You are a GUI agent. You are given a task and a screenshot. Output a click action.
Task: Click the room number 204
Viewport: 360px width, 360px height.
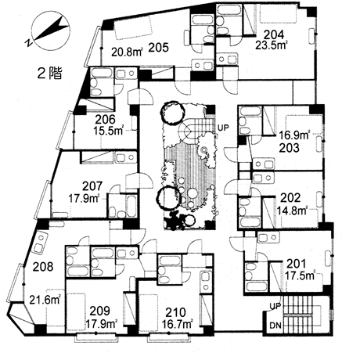point(274,35)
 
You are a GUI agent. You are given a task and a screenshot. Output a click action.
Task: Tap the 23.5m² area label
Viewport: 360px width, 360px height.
point(272,45)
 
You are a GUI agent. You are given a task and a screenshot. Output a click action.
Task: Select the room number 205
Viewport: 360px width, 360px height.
point(159,48)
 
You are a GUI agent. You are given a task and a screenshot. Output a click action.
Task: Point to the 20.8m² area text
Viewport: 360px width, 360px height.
point(128,52)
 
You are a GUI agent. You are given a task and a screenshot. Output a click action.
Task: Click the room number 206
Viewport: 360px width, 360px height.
point(105,120)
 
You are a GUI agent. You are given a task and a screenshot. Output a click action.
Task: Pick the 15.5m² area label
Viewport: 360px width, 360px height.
point(109,130)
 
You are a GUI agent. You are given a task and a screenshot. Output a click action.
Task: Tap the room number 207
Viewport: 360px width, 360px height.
point(92,186)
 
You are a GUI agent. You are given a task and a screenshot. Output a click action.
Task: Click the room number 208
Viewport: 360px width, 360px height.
point(43,267)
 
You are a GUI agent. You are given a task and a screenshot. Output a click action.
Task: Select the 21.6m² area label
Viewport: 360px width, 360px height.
point(45,300)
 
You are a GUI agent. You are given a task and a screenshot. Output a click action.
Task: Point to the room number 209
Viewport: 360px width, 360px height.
point(99,311)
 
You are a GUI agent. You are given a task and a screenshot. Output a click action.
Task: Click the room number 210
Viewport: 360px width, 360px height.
point(176,312)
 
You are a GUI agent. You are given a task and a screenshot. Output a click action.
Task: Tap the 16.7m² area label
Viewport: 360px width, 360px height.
point(178,325)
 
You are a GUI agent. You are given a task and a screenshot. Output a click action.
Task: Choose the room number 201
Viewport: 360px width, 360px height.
point(296,264)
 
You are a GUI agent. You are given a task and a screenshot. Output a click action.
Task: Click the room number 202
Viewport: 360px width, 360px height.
point(290,198)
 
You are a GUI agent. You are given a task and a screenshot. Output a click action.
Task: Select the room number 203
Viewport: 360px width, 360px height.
point(290,148)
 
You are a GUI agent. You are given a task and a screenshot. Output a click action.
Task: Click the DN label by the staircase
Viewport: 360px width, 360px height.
point(275,326)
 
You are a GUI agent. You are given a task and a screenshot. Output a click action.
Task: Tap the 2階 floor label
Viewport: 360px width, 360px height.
point(49,74)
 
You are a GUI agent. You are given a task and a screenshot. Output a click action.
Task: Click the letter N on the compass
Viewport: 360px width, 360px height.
point(28,43)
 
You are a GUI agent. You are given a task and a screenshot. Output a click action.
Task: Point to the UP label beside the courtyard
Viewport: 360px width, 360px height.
point(223,128)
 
